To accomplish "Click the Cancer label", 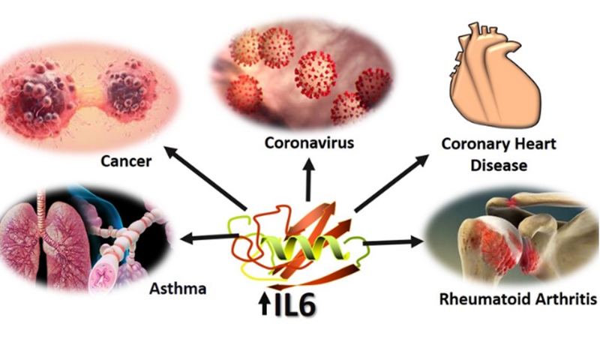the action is tap(126, 161).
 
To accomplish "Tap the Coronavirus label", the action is tap(309, 142).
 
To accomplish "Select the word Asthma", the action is tap(178, 289).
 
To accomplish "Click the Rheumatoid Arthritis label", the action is tap(518, 299).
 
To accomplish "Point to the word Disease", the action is tap(499, 165).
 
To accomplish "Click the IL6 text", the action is tap(295, 305).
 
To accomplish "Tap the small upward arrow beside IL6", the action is tap(264, 304).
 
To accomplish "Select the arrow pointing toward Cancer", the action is tap(205, 178).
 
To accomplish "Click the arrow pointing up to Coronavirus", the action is tap(308, 180).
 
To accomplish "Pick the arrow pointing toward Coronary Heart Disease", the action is tap(391, 183).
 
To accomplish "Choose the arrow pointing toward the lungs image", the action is tap(210, 238).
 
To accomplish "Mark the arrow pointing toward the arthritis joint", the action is tap(393, 241).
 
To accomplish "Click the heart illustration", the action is tap(494, 76).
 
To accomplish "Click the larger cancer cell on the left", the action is tap(38, 96).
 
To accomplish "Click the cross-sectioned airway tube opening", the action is tap(102, 275).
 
